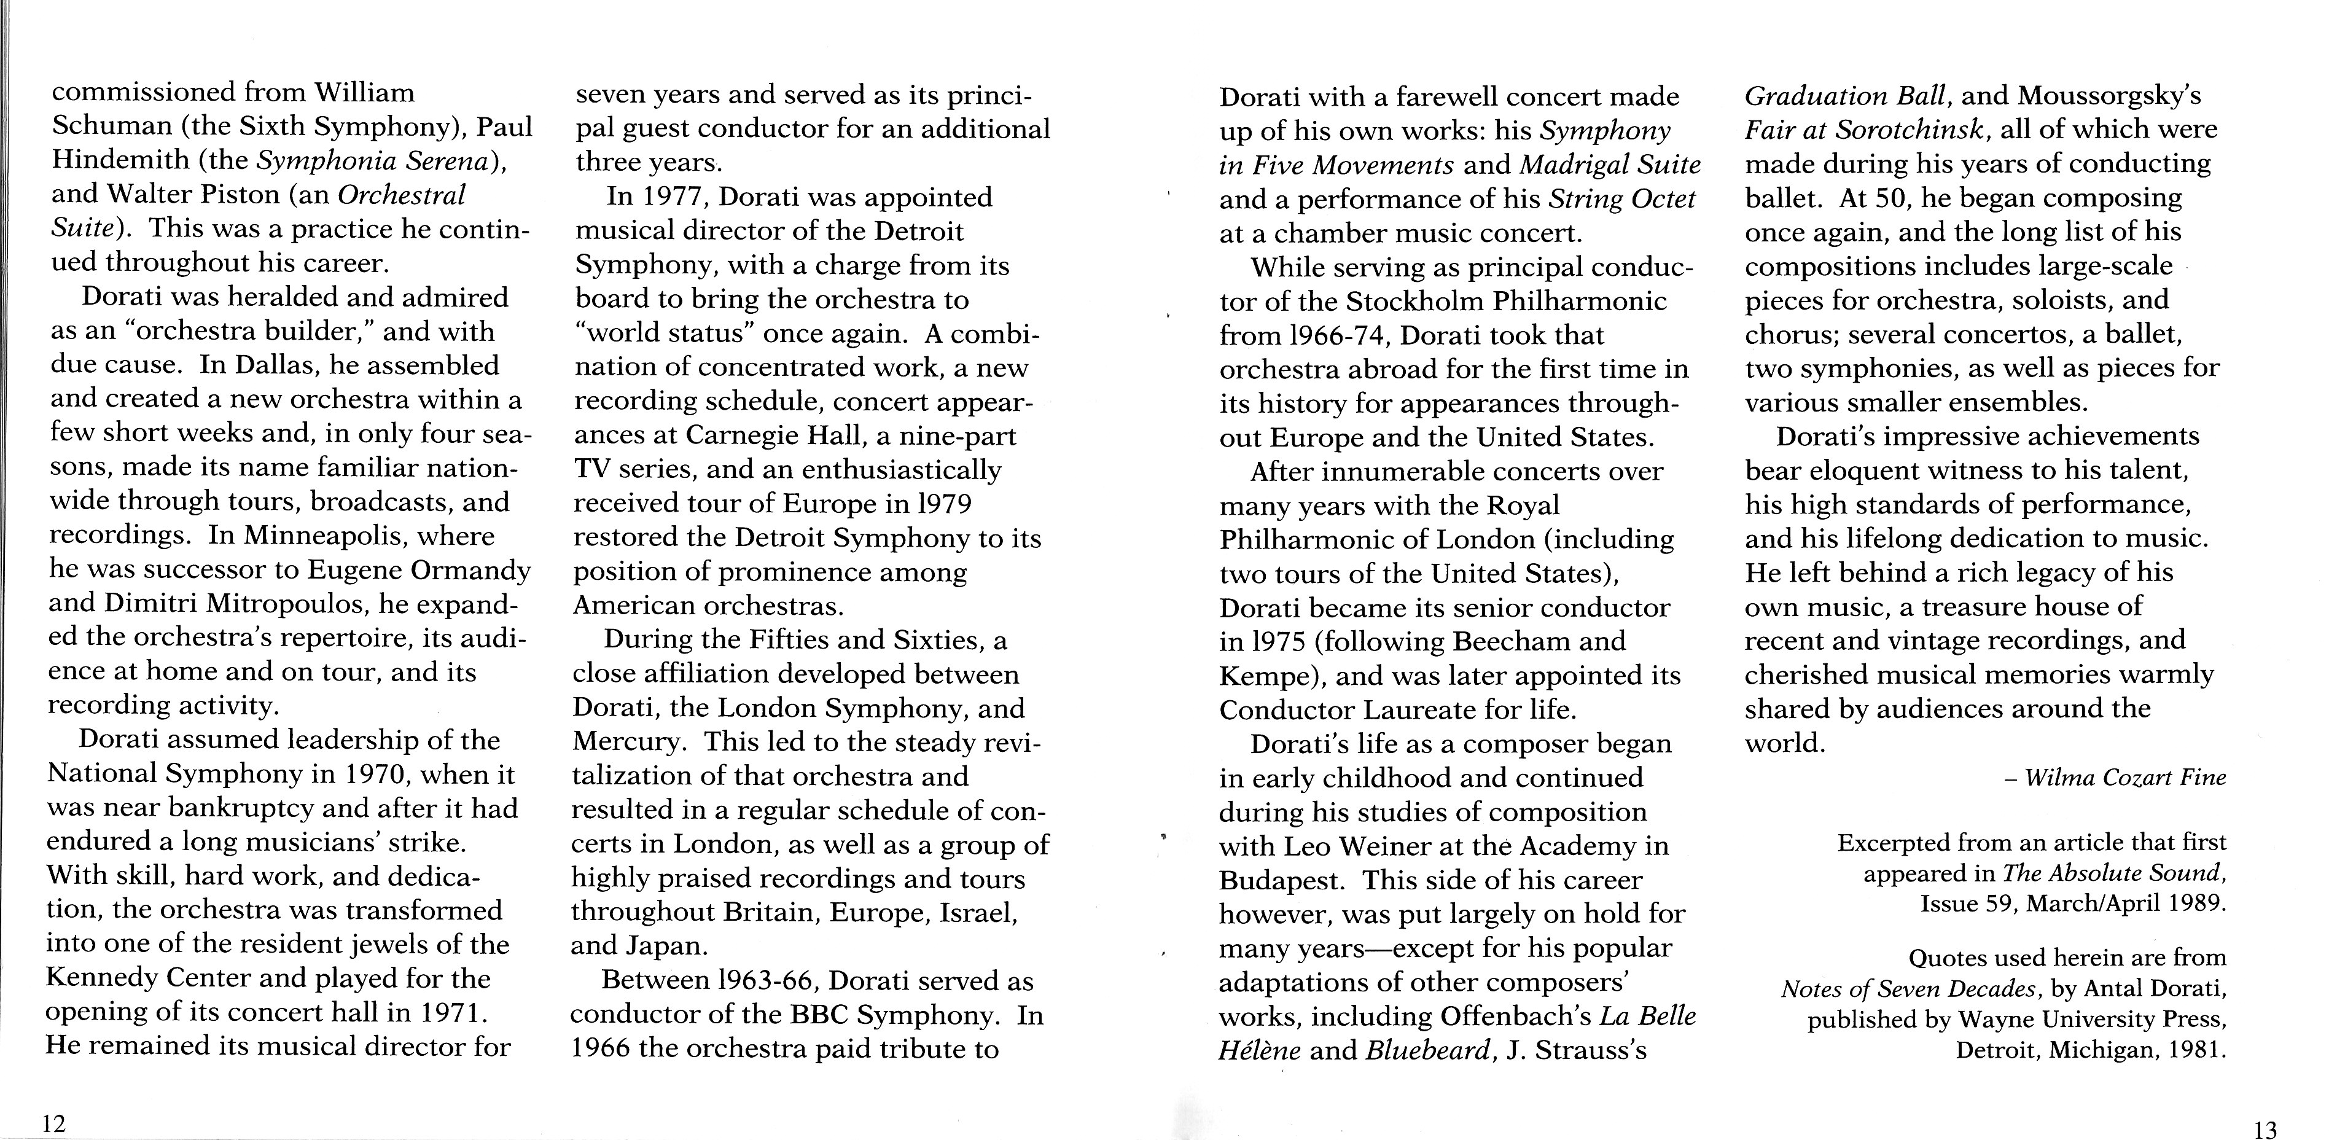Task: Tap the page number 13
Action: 2266,1129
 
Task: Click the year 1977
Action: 670,197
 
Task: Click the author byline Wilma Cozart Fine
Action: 2124,778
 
